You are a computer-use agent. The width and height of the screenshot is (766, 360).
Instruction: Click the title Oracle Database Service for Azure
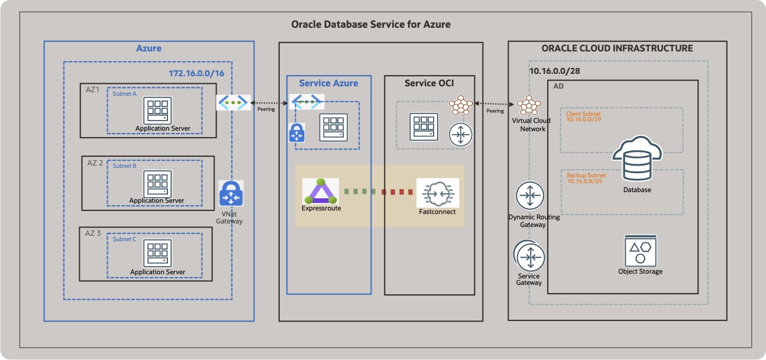point(371,24)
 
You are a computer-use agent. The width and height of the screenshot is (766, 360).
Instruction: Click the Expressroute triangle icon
point(321,190)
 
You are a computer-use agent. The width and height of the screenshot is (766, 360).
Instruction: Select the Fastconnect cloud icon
point(437,192)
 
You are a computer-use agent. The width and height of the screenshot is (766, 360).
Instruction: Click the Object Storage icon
point(640,251)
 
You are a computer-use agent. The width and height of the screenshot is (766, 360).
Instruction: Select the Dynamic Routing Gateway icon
point(529,196)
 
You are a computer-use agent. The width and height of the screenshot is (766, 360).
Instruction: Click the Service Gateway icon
point(529,256)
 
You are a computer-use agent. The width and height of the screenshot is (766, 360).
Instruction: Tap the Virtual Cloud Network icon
point(528,106)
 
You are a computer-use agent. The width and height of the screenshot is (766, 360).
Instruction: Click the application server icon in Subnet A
point(157,111)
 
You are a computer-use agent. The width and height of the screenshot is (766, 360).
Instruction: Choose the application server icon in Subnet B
point(157,185)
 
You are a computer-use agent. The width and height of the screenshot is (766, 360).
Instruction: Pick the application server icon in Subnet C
point(157,254)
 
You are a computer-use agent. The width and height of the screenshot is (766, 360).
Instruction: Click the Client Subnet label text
point(583,113)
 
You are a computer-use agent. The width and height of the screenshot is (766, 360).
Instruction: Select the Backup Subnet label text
point(586,176)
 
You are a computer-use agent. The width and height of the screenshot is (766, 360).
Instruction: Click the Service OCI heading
point(429,83)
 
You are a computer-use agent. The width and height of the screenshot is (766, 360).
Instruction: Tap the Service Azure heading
point(328,83)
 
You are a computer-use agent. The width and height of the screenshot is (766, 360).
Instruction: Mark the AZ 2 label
point(95,163)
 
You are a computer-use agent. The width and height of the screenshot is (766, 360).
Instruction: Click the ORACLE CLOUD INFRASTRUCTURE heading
point(617,48)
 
